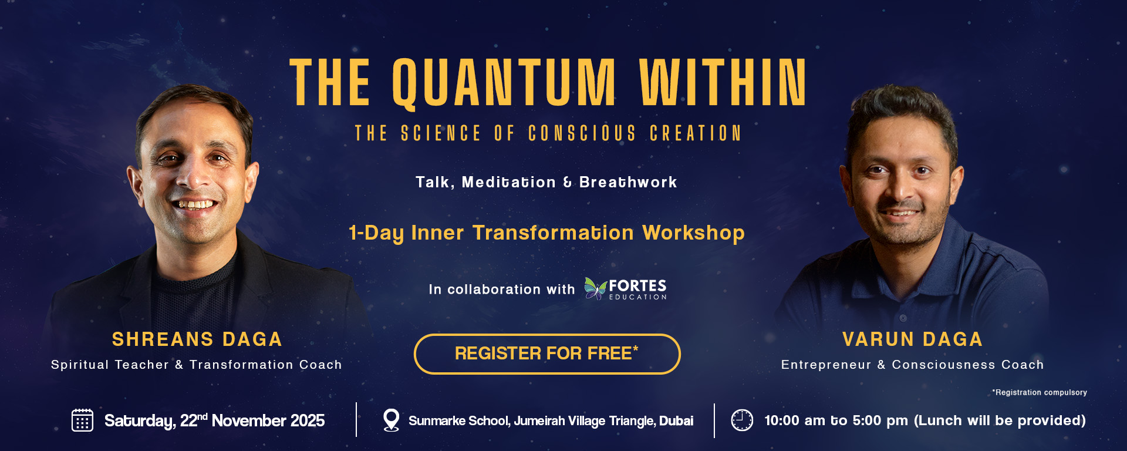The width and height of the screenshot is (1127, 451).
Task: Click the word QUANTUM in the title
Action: click(x=504, y=83)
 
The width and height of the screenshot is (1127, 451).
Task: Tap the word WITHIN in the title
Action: click(x=723, y=82)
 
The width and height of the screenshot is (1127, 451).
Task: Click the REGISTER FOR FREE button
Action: click(x=547, y=354)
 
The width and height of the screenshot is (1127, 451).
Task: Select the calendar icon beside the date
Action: click(x=82, y=420)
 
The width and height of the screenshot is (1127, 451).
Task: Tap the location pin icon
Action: click(x=391, y=420)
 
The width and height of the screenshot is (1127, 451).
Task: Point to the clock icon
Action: click(x=742, y=420)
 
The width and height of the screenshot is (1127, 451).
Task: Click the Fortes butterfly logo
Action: click(x=595, y=288)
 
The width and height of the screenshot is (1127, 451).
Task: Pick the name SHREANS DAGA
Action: click(x=197, y=339)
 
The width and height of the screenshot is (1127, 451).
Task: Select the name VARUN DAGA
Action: click(x=913, y=339)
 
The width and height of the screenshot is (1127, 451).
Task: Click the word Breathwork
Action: click(x=628, y=182)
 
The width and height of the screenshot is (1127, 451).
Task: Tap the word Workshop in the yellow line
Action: click(x=693, y=233)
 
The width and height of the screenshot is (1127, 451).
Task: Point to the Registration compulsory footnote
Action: click(x=1040, y=392)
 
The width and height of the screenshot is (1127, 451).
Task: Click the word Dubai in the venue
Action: click(x=676, y=420)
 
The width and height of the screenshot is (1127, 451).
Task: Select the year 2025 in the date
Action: click(x=307, y=420)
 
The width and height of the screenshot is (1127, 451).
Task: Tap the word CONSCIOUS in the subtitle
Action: click(x=582, y=133)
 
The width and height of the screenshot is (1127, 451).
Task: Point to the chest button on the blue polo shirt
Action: click(x=903, y=318)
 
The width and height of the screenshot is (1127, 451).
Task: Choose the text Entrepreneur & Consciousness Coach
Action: click(x=913, y=365)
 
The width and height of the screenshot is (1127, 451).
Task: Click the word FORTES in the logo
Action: click(x=637, y=285)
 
